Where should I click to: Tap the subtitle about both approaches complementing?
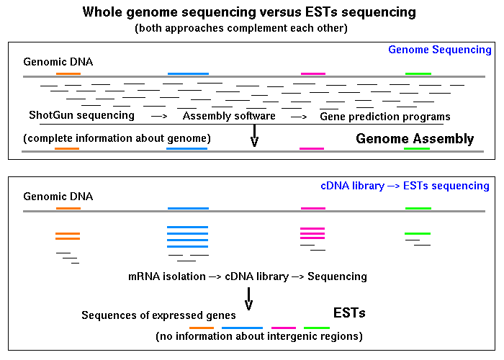[241, 28]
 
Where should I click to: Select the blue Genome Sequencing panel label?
[440, 50]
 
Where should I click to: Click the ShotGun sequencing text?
[81, 115]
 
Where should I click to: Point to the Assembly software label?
[229, 116]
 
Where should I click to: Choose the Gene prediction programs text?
[385, 117]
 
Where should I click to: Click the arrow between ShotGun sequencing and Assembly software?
[159, 116]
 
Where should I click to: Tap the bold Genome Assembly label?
[415, 138]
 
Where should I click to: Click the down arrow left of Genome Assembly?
[255, 135]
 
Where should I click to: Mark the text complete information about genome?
[117, 138]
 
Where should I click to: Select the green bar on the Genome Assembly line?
[417, 148]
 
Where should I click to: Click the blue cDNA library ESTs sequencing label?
[405, 186]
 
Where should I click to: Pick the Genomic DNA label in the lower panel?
[58, 197]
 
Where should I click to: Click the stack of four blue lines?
[187, 237]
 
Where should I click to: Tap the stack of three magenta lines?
[312, 233]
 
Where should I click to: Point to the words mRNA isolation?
[167, 276]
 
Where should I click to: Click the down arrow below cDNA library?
[248, 299]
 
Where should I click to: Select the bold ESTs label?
[349, 312]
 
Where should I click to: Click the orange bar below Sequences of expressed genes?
[202, 328]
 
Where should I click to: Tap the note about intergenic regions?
[259, 336]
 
